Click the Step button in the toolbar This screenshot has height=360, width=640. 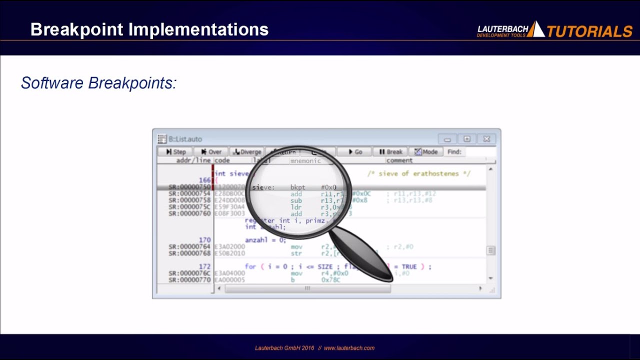pos(175,152)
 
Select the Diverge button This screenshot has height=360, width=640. pos(247,152)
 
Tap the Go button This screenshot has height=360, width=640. pos(354,152)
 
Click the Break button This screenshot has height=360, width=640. pos(390,152)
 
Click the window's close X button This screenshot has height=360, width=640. pos(486,139)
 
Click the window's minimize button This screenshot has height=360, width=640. pos(447,139)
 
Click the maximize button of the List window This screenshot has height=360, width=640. pos(466,139)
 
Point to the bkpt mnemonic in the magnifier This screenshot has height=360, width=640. pos(297,187)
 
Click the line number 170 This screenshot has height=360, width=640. pos(204,240)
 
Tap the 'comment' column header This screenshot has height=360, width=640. pos(399,160)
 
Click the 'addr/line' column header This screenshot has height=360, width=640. pos(193,160)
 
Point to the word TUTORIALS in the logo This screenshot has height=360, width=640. pos(589,31)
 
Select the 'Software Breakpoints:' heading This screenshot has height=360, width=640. pos(99,83)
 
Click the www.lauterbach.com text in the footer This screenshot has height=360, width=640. pos(349,348)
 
